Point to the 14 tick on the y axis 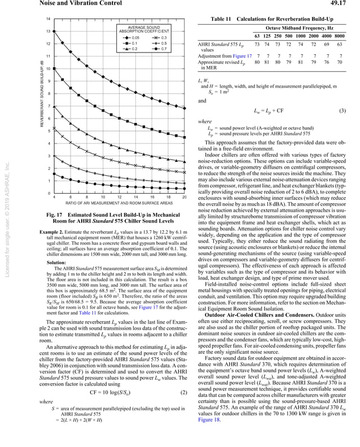tap(49, 19)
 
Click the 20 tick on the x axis tap(185, 196)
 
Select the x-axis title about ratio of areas tap(119, 203)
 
